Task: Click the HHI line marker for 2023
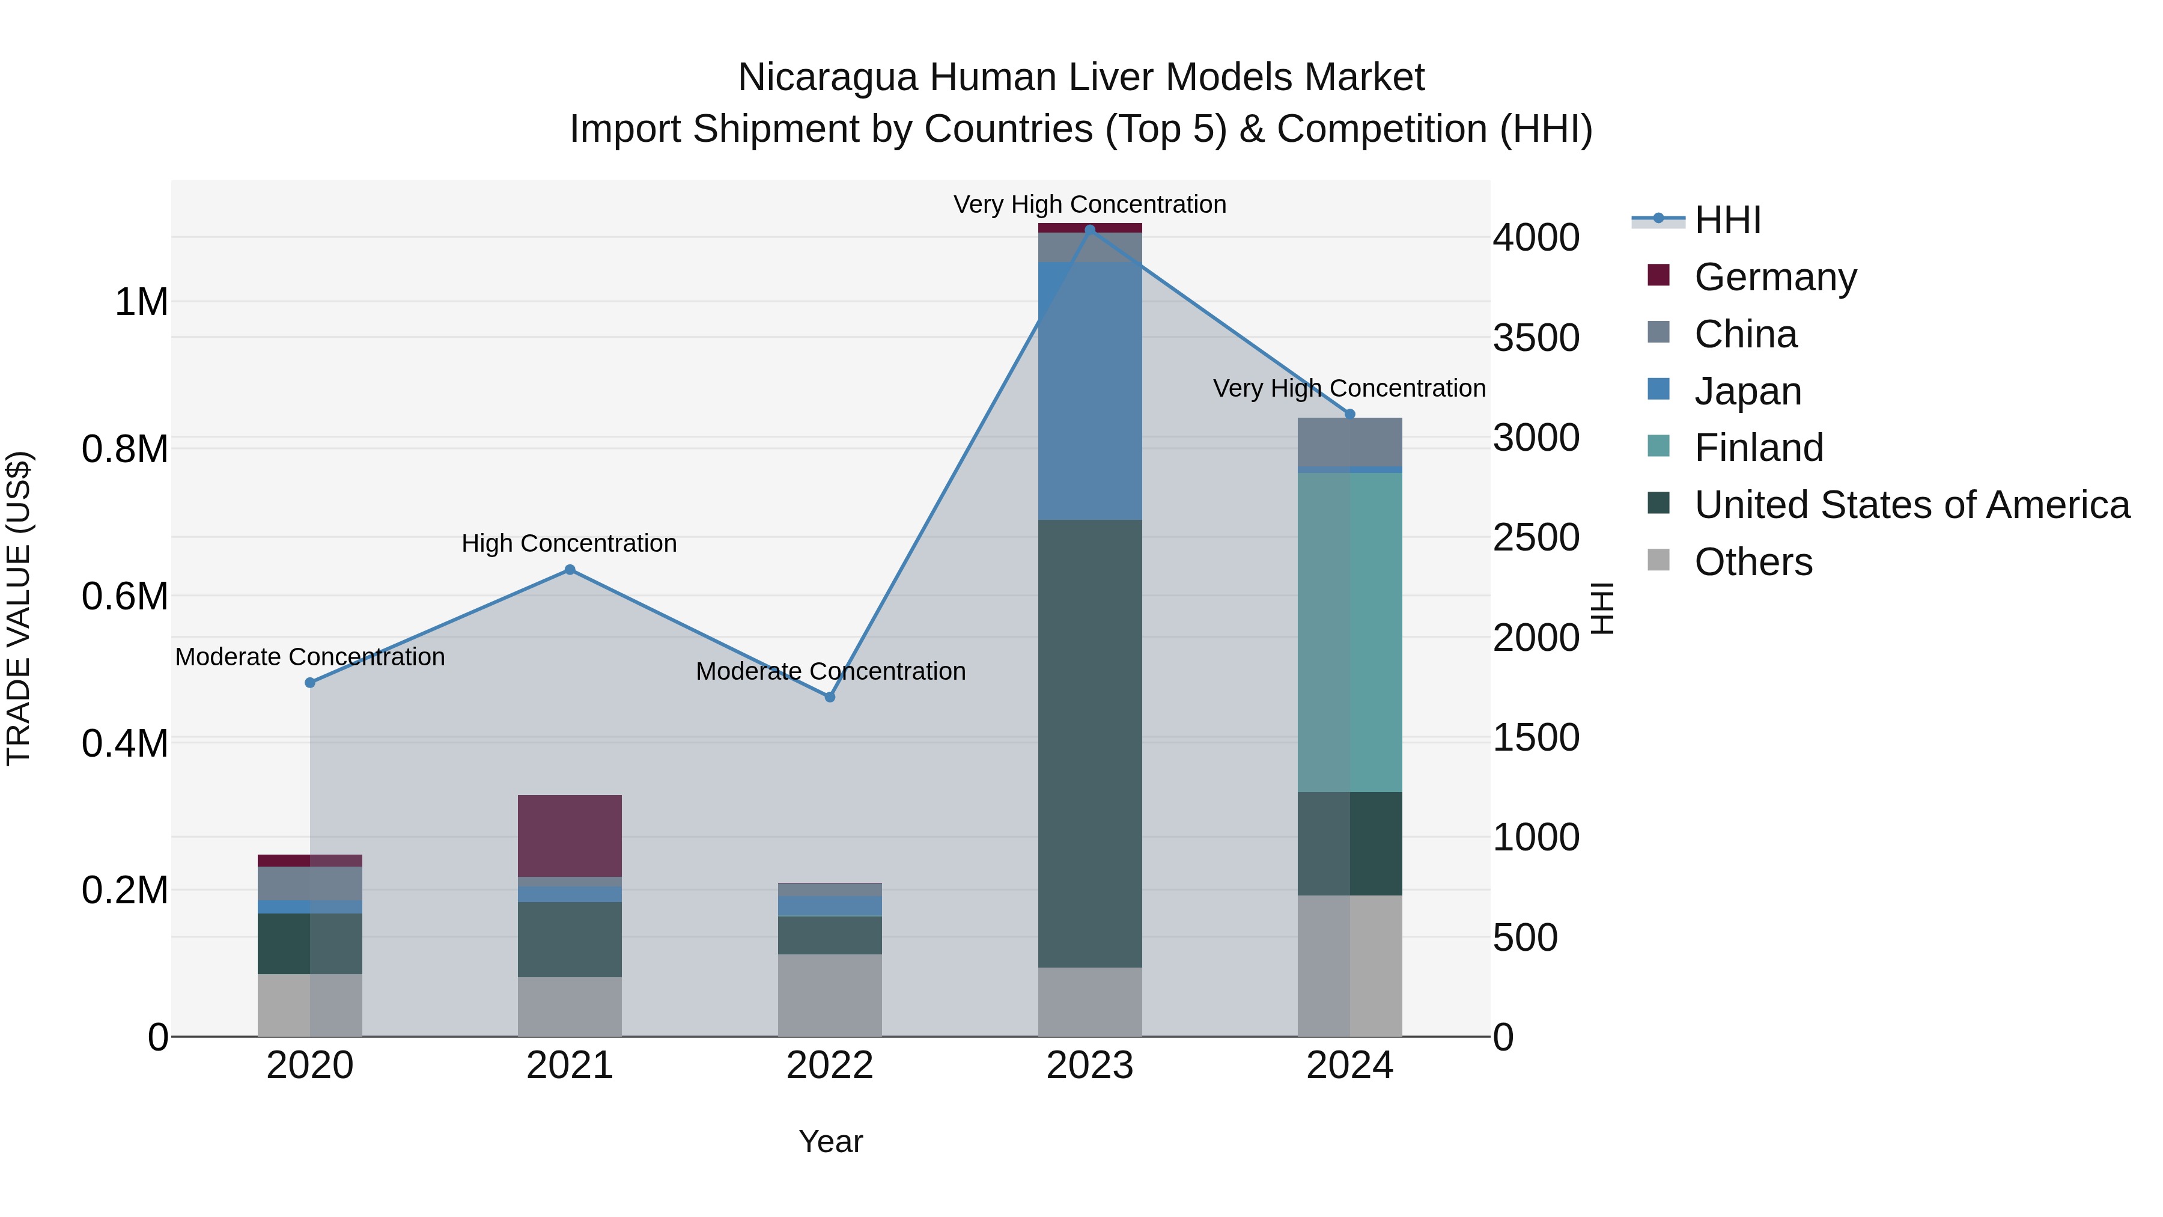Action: pos(1090,230)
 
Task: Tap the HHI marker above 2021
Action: pos(570,570)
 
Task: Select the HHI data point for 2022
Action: pos(830,697)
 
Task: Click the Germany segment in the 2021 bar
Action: pos(570,836)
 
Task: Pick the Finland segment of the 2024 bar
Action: pos(1349,632)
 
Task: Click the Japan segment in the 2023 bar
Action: pos(1090,391)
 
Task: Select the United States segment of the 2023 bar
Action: pos(1090,743)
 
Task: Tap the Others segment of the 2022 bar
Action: pos(830,995)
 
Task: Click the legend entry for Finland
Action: pos(1758,448)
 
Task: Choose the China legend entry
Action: pos(1745,334)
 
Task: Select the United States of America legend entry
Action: pos(1911,505)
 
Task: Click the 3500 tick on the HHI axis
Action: pos(1536,338)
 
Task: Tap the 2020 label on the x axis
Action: pos(310,1066)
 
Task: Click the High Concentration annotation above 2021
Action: pos(570,543)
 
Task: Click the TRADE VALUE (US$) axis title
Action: pos(19,608)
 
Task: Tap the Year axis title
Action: pos(830,1141)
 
